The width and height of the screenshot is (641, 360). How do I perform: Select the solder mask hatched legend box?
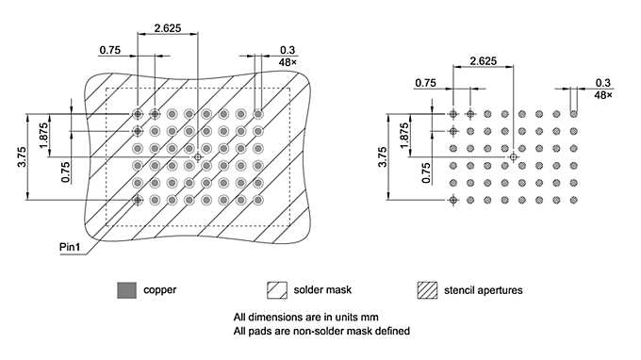[278, 289]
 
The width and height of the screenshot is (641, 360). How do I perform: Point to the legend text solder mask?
[323, 289]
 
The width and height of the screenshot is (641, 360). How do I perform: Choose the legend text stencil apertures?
[483, 289]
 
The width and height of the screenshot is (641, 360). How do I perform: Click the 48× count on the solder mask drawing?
[288, 62]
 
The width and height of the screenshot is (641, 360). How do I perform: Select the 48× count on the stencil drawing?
[602, 95]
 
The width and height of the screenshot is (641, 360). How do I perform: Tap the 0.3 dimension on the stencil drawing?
[602, 83]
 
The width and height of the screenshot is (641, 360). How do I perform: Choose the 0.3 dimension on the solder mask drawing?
[288, 51]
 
